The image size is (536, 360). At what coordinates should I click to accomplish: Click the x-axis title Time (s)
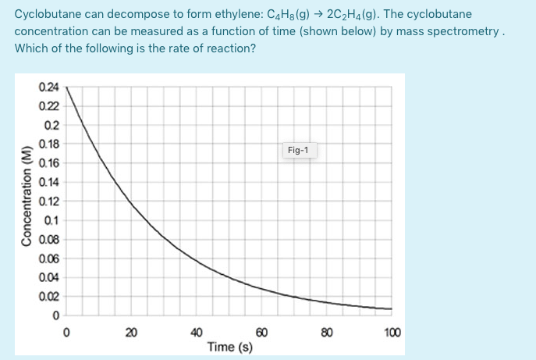coord(229,346)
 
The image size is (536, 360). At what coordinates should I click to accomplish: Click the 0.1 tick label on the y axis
coord(50,220)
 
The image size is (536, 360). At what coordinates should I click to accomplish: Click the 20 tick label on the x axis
coord(131,333)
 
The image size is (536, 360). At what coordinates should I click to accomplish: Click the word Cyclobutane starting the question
coord(46,15)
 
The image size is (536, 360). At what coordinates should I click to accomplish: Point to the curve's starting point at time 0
coord(66,87)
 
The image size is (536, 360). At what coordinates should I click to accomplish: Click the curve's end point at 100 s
coord(391,308)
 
